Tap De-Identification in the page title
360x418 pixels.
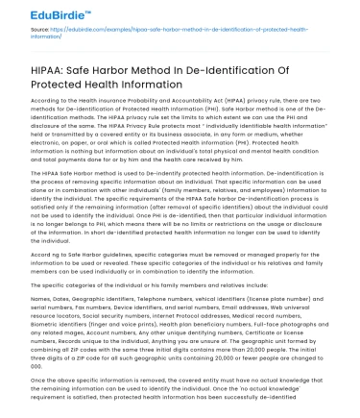pyautogui.click(x=247, y=71)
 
